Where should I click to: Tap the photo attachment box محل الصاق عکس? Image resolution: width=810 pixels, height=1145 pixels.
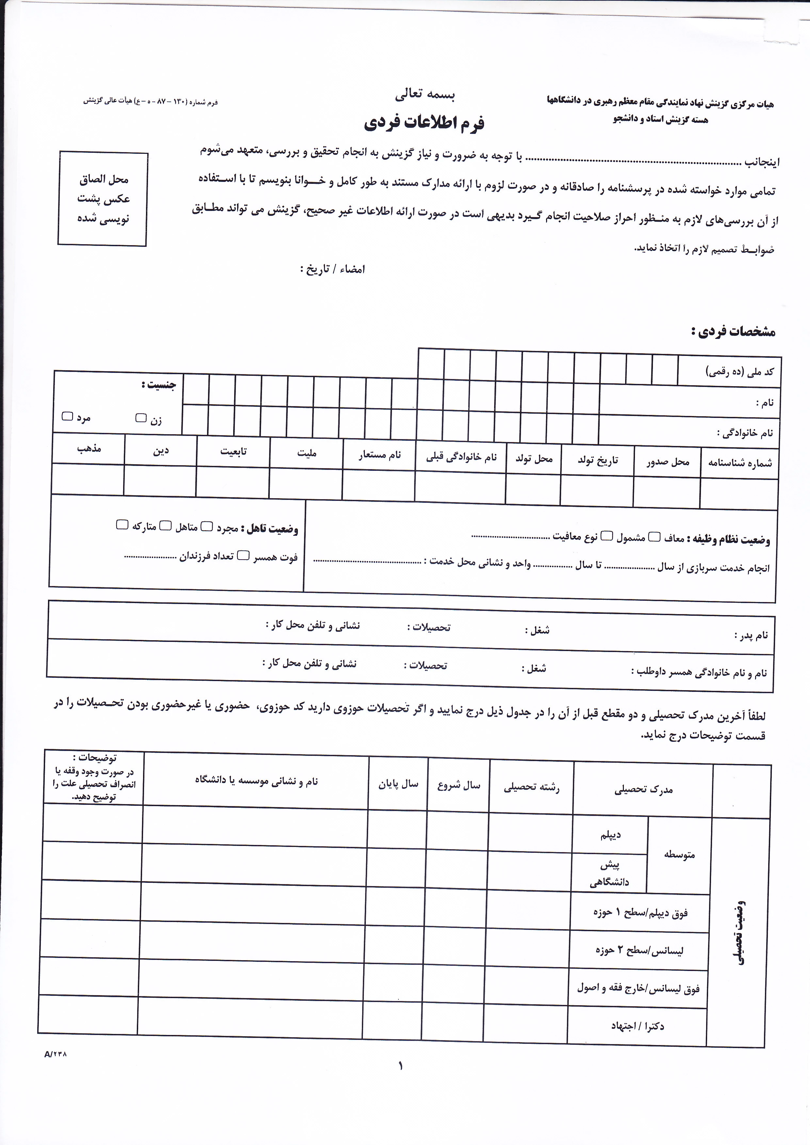[103, 199]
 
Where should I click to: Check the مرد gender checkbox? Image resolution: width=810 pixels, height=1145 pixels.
[67, 416]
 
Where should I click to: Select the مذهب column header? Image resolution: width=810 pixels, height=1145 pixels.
[89, 448]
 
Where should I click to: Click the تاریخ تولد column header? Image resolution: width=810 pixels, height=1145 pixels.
[597, 460]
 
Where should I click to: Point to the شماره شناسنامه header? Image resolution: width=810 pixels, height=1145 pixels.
[740, 463]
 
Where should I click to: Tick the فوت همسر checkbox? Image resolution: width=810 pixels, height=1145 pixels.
[243, 555]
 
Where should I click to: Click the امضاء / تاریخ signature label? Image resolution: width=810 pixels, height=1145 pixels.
[333, 269]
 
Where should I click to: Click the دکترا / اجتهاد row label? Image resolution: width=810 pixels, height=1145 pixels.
[638, 1026]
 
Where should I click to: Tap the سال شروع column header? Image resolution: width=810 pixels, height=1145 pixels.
[458, 786]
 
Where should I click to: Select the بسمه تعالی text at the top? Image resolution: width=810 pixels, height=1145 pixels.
[425, 95]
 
